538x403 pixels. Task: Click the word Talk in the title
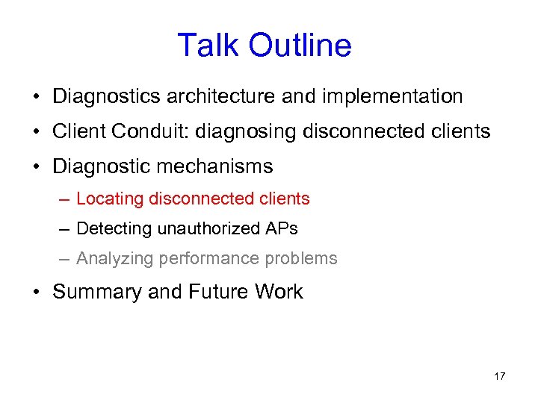[x=209, y=46]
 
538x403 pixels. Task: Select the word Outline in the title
[x=300, y=46]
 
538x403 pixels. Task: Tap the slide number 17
[x=499, y=376]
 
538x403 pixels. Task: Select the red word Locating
[x=110, y=199]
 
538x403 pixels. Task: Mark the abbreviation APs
[x=281, y=228]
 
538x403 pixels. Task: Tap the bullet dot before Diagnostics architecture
[x=36, y=97]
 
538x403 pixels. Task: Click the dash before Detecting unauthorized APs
[x=66, y=228]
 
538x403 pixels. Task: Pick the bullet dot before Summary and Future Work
[x=36, y=292]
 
